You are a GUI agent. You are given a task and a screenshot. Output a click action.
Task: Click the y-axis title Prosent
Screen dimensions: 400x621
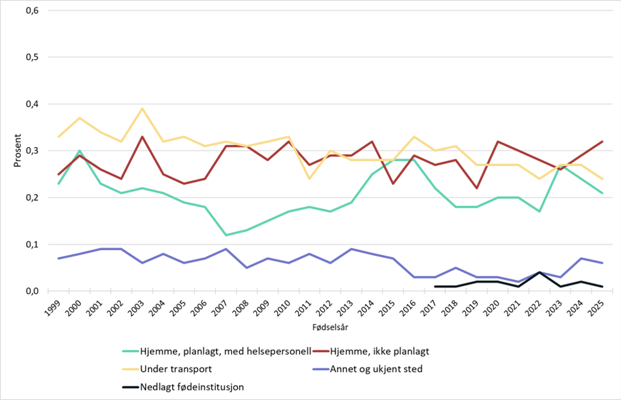pyautogui.click(x=18, y=151)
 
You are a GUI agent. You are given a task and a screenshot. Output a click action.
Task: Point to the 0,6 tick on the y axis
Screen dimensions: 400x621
pyautogui.click(x=31, y=10)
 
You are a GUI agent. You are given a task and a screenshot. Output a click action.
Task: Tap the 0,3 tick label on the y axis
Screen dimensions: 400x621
pyautogui.click(x=31, y=151)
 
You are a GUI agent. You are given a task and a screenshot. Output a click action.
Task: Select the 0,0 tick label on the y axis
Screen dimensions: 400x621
pyautogui.click(x=31, y=291)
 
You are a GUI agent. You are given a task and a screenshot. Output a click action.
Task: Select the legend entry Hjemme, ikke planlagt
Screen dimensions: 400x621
pyautogui.click(x=378, y=351)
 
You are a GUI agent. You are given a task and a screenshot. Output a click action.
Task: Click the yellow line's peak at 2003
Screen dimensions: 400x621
pyautogui.click(x=141, y=108)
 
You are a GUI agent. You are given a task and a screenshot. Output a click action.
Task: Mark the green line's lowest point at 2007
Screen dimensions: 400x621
pyautogui.click(x=225, y=235)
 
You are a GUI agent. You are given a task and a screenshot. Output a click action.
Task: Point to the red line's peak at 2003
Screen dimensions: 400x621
pyautogui.click(x=141, y=137)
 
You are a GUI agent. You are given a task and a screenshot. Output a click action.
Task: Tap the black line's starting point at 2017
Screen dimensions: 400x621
pyautogui.click(x=435, y=287)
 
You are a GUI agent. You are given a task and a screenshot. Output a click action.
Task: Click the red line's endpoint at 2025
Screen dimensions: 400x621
pyautogui.click(x=602, y=141)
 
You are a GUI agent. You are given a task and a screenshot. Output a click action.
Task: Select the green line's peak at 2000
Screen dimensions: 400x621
pyautogui.click(x=79, y=151)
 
